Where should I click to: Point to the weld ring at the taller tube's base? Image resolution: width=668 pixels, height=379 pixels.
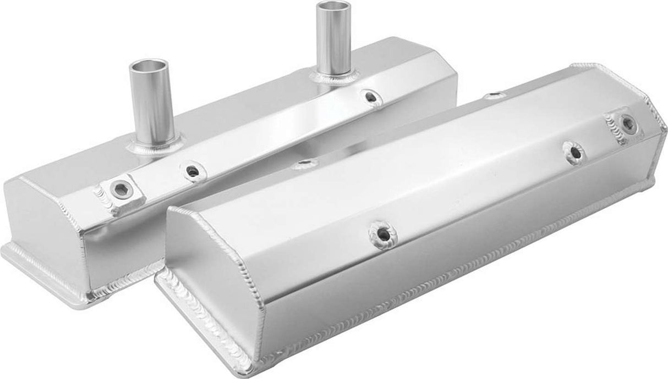point(334,76)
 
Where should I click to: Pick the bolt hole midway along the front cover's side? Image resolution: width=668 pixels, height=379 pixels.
point(382,235)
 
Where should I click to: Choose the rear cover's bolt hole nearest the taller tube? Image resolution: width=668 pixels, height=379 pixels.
point(373,97)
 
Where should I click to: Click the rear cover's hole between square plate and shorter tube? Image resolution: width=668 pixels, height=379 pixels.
point(192,171)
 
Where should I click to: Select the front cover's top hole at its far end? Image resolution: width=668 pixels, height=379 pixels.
point(495,96)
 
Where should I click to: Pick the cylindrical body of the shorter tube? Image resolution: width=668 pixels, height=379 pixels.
point(149,104)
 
